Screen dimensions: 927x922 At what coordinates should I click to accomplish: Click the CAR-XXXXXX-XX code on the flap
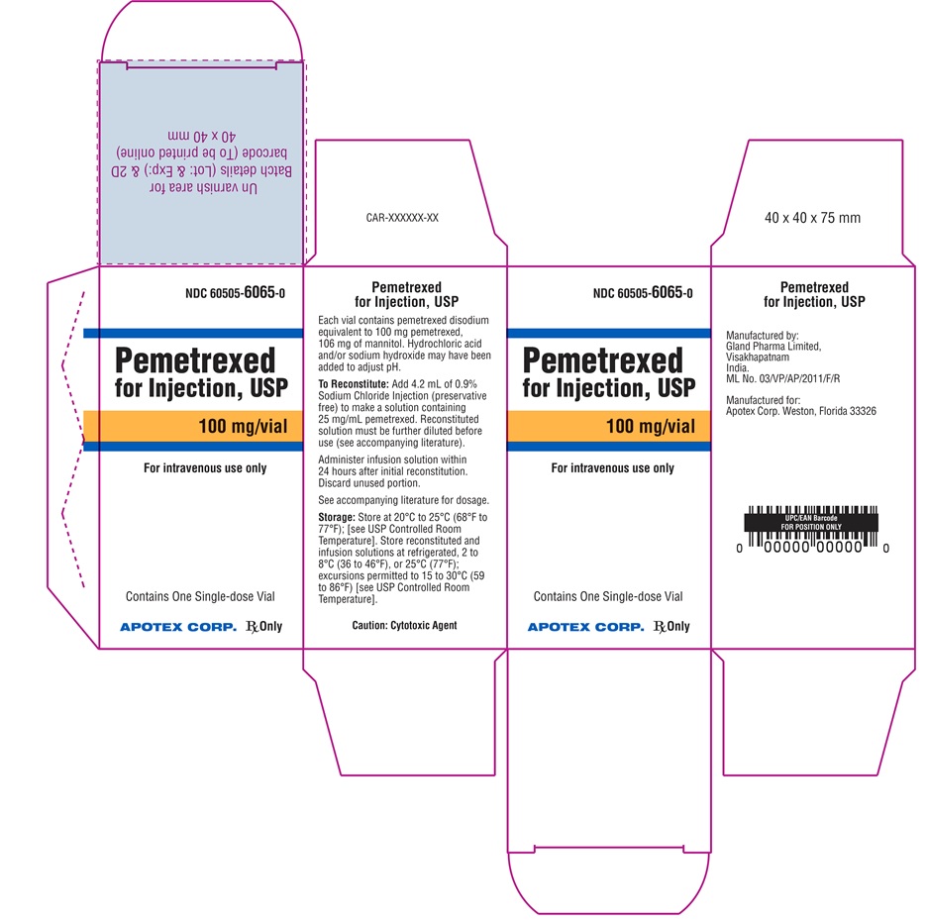[x=402, y=218]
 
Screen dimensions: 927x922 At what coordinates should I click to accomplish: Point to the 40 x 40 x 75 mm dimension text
[x=812, y=218]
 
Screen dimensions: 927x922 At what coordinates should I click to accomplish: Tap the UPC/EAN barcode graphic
[x=811, y=530]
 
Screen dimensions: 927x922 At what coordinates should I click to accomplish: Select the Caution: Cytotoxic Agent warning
[x=404, y=625]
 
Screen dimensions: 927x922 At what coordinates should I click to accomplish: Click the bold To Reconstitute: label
[x=354, y=384]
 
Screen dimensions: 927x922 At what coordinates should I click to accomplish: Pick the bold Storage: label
[x=337, y=518]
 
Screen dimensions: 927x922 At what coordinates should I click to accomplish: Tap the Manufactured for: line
[x=764, y=400]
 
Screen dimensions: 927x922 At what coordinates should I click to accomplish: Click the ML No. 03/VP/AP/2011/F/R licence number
[x=782, y=378]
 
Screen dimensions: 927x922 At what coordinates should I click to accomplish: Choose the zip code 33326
[x=863, y=411]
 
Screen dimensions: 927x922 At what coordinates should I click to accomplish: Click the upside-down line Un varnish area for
[x=203, y=187]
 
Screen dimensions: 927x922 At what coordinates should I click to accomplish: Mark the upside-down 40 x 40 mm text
[x=202, y=136]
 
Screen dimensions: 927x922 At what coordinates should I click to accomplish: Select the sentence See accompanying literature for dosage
[x=404, y=500]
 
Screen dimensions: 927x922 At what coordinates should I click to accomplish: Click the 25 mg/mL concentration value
[x=340, y=419]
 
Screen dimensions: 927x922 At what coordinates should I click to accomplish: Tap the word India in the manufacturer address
[x=737, y=367]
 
